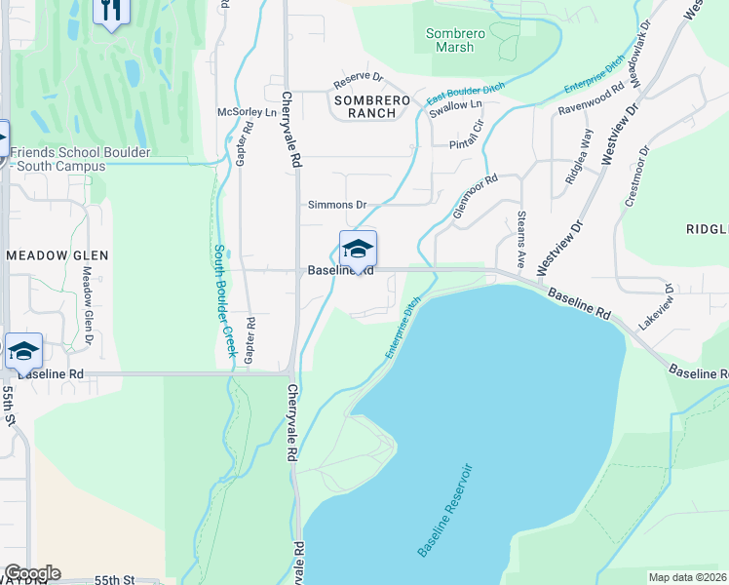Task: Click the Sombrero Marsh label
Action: click(x=450, y=40)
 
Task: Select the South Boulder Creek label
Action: click(x=225, y=299)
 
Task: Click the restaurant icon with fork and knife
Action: click(x=112, y=11)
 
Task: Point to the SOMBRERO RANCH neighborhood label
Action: click(x=365, y=106)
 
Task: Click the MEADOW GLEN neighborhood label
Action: click(x=57, y=255)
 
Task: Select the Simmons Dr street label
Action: click(x=337, y=206)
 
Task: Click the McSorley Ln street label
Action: click(x=248, y=112)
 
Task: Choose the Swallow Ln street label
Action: click(x=456, y=105)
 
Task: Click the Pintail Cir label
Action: click(x=467, y=136)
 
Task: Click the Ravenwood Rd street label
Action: click(x=591, y=99)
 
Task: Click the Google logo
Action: click(x=32, y=573)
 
